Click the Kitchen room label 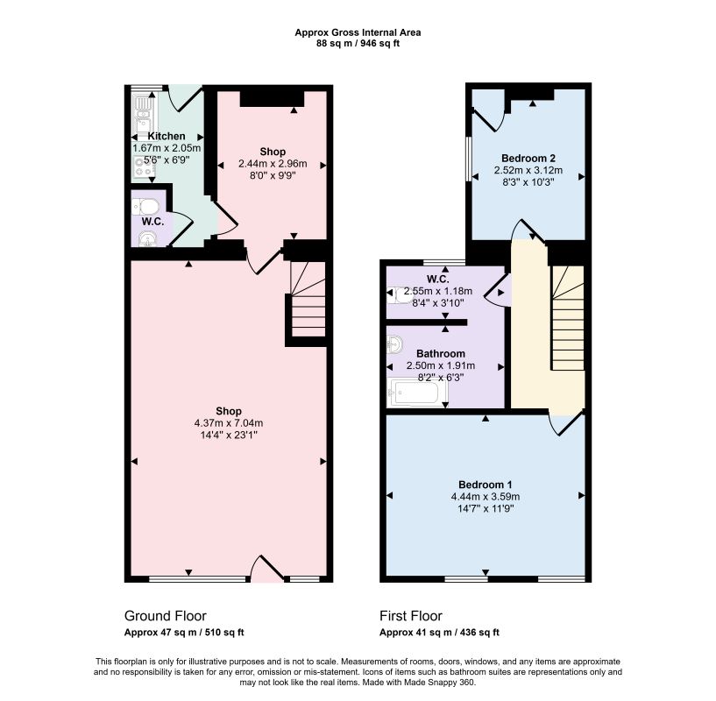[x=167, y=136]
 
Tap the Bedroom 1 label [x=485, y=485]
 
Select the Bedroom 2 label [x=528, y=159]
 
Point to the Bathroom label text [x=441, y=353]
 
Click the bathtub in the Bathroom [x=418, y=393]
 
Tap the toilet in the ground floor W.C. [x=145, y=207]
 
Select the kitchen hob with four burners [x=145, y=166]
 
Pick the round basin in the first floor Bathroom [x=394, y=343]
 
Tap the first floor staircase [x=568, y=318]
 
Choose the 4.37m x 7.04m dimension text [x=229, y=423]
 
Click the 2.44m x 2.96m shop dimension [x=273, y=164]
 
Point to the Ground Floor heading [x=166, y=616]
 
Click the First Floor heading [x=411, y=616]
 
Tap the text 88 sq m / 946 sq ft [x=358, y=44]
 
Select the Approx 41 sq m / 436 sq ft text [x=439, y=633]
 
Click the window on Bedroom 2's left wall [x=469, y=158]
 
